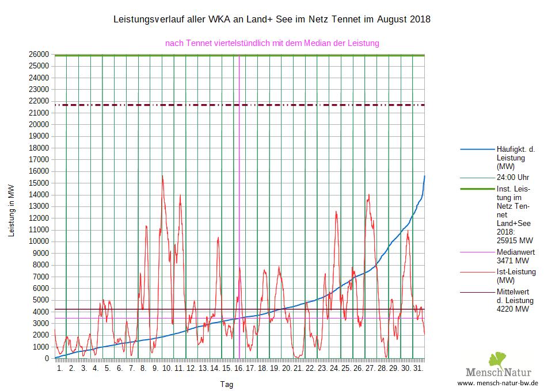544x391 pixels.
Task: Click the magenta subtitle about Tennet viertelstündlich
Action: (272, 43)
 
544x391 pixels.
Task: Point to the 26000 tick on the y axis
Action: (40, 54)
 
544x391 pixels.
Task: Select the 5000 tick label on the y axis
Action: (42, 300)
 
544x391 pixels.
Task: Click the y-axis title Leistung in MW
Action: (11, 211)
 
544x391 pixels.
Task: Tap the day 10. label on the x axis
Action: (167, 368)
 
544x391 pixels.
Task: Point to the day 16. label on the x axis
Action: (238, 368)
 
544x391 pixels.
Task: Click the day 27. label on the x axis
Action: (370, 368)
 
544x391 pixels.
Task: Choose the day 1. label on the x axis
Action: (60, 368)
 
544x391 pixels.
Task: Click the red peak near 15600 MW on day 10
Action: (163, 176)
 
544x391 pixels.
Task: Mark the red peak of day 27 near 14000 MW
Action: (368, 195)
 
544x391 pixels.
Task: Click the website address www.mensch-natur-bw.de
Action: (497, 383)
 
